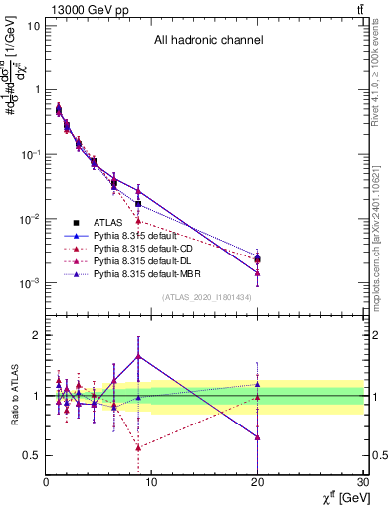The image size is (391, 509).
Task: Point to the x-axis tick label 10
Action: pyautogui.click(x=151, y=482)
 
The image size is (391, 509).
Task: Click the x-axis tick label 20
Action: pyautogui.click(x=258, y=482)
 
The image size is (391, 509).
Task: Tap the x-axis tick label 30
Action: pyautogui.click(x=363, y=482)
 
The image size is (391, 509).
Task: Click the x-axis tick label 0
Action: pyautogui.click(x=46, y=482)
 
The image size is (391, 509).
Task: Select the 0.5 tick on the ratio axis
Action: pyautogui.click(x=31, y=455)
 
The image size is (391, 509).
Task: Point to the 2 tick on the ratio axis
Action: pyautogui.click(x=36, y=335)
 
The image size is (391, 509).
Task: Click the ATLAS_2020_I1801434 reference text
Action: pyautogui.click(x=207, y=297)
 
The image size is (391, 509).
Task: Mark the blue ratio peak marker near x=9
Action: pyautogui.click(x=138, y=355)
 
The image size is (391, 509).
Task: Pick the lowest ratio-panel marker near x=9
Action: pyautogui.click(x=138, y=447)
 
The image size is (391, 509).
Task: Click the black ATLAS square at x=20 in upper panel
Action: pyautogui.click(x=258, y=259)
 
